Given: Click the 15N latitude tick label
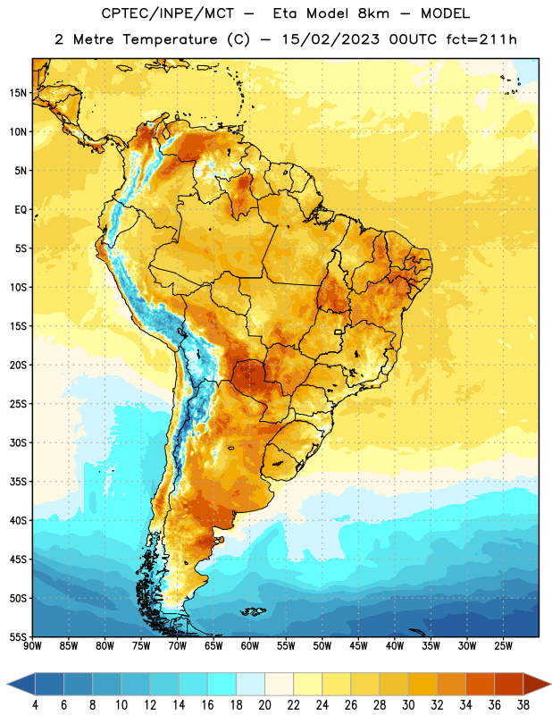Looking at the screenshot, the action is pyautogui.click(x=17, y=93).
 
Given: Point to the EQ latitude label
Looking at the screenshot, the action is pyautogui.click(x=20, y=210).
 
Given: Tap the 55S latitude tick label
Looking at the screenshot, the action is pyautogui.click(x=17, y=636).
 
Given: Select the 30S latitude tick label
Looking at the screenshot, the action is pyautogui.click(x=17, y=442).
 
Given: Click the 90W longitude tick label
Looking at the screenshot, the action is pyautogui.click(x=32, y=645).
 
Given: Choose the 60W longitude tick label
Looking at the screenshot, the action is pyautogui.click(x=250, y=645).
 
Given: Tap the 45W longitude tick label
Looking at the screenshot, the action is pyautogui.click(x=358, y=645).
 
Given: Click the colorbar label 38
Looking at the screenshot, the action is pyautogui.click(x=523, y=705).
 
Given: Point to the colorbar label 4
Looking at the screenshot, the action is pyautogui.click(x=35, y=705).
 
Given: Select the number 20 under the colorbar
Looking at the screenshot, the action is pyautogui.click(x=264, y=705).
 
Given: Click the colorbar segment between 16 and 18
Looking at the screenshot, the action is pyautogui.click(x=222, y=684).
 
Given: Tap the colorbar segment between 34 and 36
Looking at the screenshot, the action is pyautogui.click(x=480, y=684).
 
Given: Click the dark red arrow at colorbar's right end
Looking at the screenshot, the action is pyautogui.click(x=536, y=684).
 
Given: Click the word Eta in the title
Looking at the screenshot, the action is pyautogui.click(x=285, y=13).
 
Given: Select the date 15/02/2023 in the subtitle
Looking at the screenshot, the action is pyautogui.click(x=330, y=39).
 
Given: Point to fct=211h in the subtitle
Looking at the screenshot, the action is pyautogui.click(x=481, y=39).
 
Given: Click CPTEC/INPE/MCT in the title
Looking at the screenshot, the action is pyautogui.click(x=167, y=13).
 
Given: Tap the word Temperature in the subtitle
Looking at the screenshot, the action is pyautogui.click(x=170, y=40).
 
